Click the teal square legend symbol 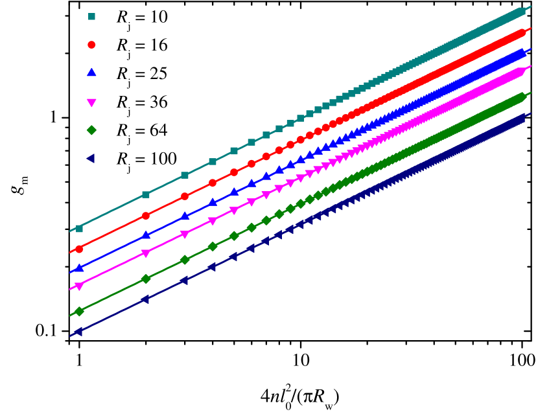coord(91,17)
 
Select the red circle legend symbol coord(91,45)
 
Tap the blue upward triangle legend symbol coord(91,73)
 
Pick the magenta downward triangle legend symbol coord(91,102)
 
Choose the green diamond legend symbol coord(91,130)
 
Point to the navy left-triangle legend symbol coord(91,158)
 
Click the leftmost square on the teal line coord(79,229)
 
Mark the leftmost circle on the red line coord(79,249)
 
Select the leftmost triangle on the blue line coord(79,268)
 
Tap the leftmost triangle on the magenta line coord(79,286)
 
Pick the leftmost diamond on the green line coord(79,312)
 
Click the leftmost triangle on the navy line coord(78,332)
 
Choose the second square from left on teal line coord(146,194)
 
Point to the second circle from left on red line coord(146,216)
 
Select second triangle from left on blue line coord(146,235)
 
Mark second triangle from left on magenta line coord(146,253)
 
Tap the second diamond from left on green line coord(146,279)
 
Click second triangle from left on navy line coord(145,299)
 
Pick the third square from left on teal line coord(185,175)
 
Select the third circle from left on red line coord(185,196)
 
